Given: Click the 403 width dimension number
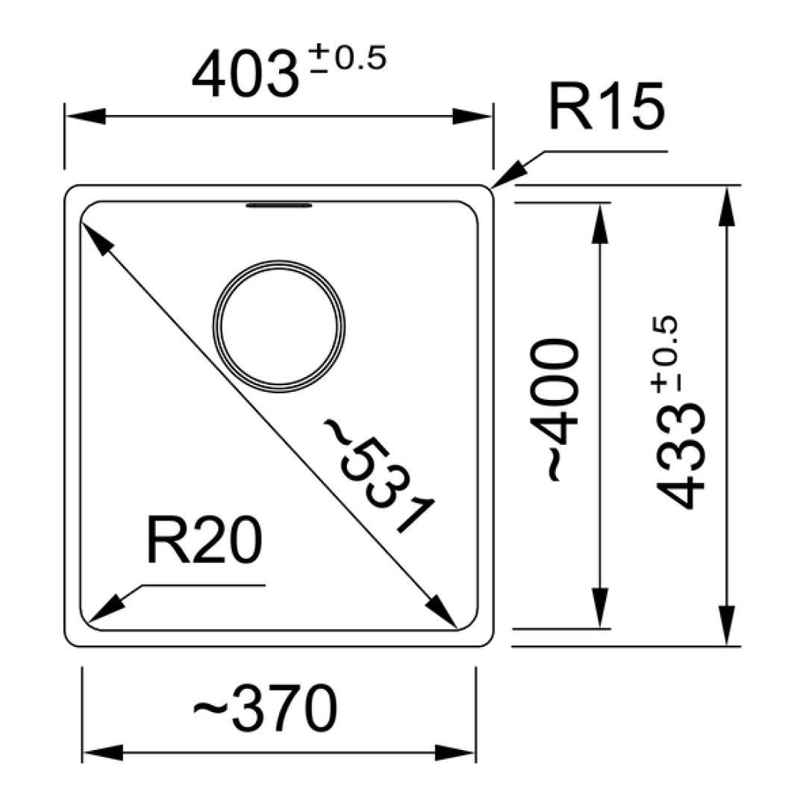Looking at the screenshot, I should [x=240, y=75].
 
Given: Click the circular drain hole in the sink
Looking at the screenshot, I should [x=280, y=327].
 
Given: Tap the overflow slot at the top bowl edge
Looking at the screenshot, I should [x=278, y=204].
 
